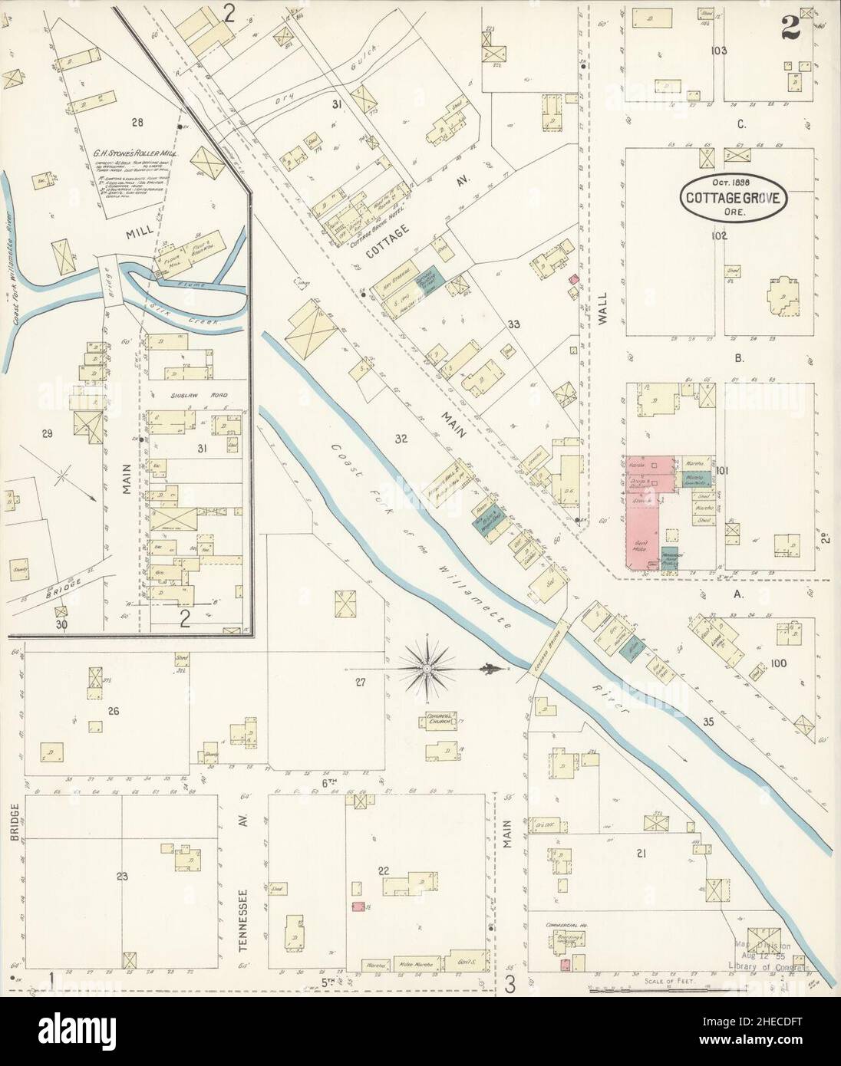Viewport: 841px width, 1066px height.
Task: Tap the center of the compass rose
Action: (x=424, y=669)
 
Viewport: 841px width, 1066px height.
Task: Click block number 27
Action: (x=359, y=681)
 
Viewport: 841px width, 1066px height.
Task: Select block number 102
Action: (x=717, y=236)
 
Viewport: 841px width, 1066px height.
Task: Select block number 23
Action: (x=121, y=876)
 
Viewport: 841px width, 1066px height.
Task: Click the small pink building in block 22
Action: (x=356, y=907)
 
